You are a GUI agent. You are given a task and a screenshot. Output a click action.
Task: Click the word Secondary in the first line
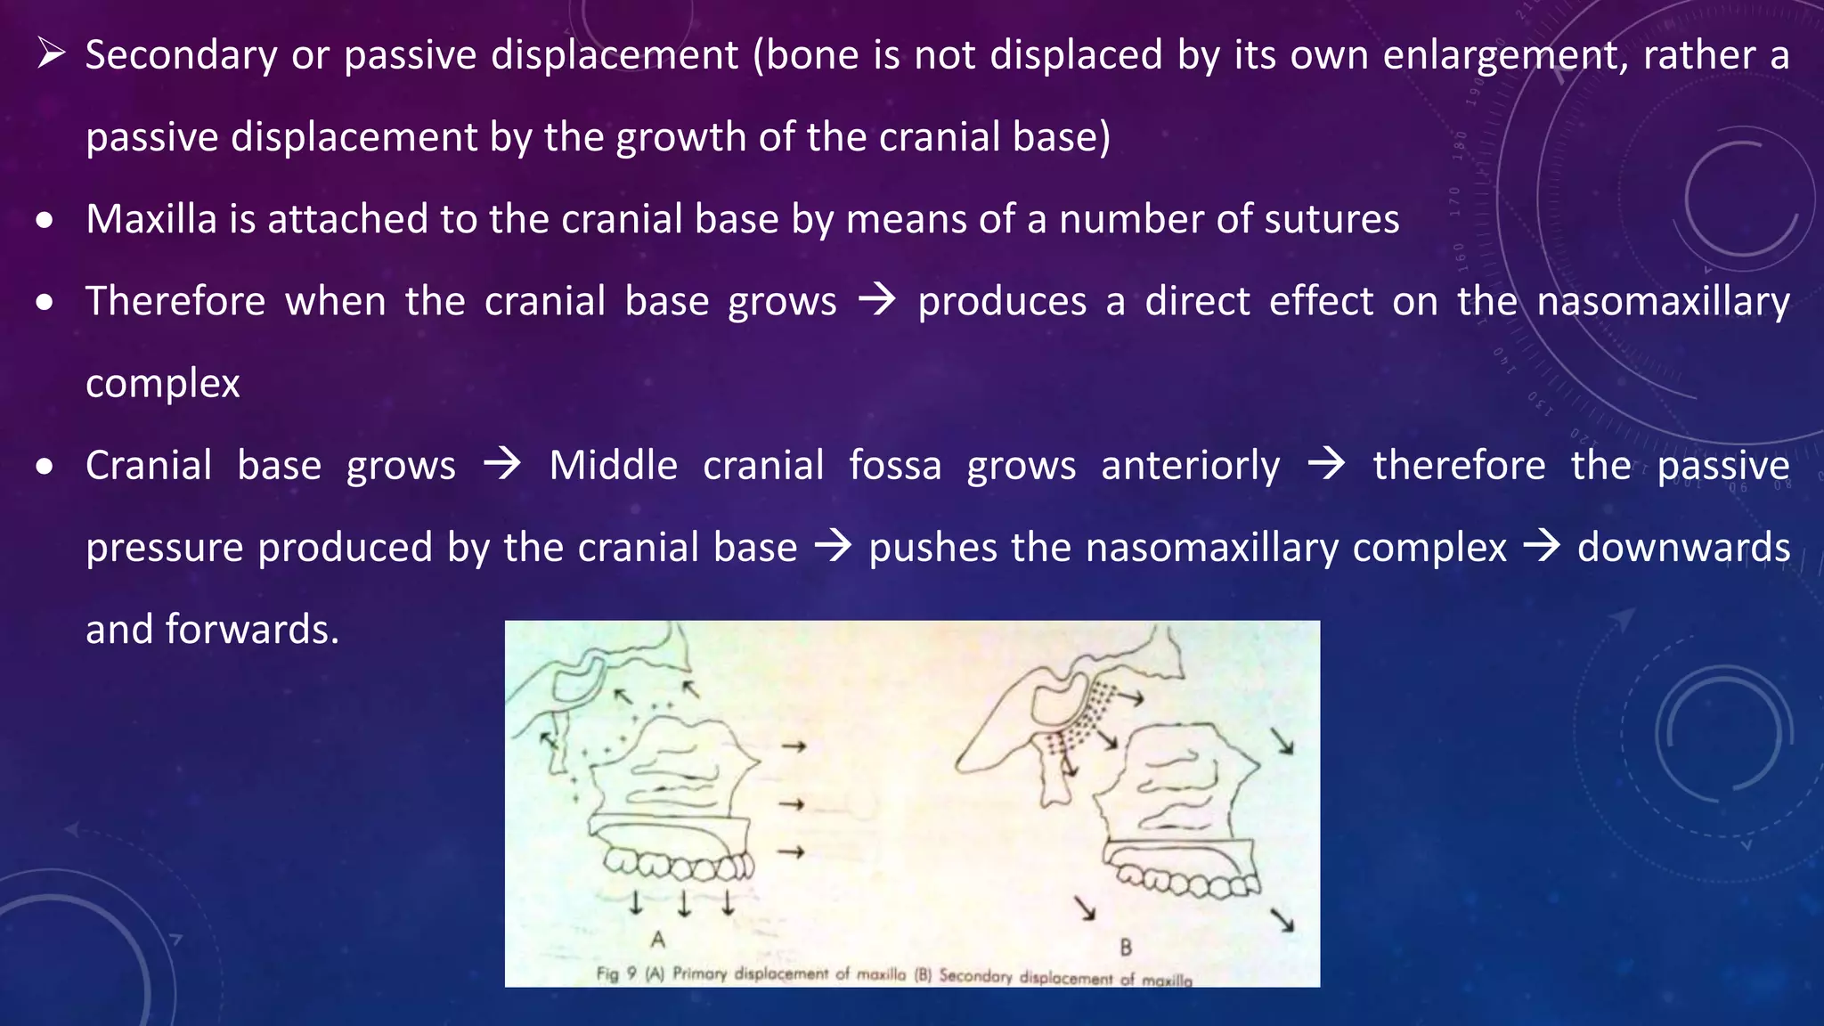(181, 55)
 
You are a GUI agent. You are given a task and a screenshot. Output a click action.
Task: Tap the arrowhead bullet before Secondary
(51, 55)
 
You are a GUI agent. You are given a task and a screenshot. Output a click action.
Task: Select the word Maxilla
(151, 219)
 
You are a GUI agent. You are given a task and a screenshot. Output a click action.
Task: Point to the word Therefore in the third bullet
(175, 301)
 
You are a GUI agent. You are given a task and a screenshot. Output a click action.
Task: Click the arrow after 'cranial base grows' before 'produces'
(877, 301)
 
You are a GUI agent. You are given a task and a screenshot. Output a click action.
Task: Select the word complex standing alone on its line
(163, 384)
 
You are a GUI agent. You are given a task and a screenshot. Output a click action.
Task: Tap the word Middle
(613, 466)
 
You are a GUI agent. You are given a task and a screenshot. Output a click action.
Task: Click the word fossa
(894, 466)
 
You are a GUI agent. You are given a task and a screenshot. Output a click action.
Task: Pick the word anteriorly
(1190, 466)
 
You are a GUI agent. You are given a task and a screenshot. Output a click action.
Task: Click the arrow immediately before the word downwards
(1542, 547)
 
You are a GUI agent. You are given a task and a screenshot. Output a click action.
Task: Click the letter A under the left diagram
(658, 940)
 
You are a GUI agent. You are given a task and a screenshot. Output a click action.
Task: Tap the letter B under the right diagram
(1126, 947)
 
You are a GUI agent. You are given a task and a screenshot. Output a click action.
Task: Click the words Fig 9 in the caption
(616, 973)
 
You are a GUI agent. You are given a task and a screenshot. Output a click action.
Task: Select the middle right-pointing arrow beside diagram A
(792, 804)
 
